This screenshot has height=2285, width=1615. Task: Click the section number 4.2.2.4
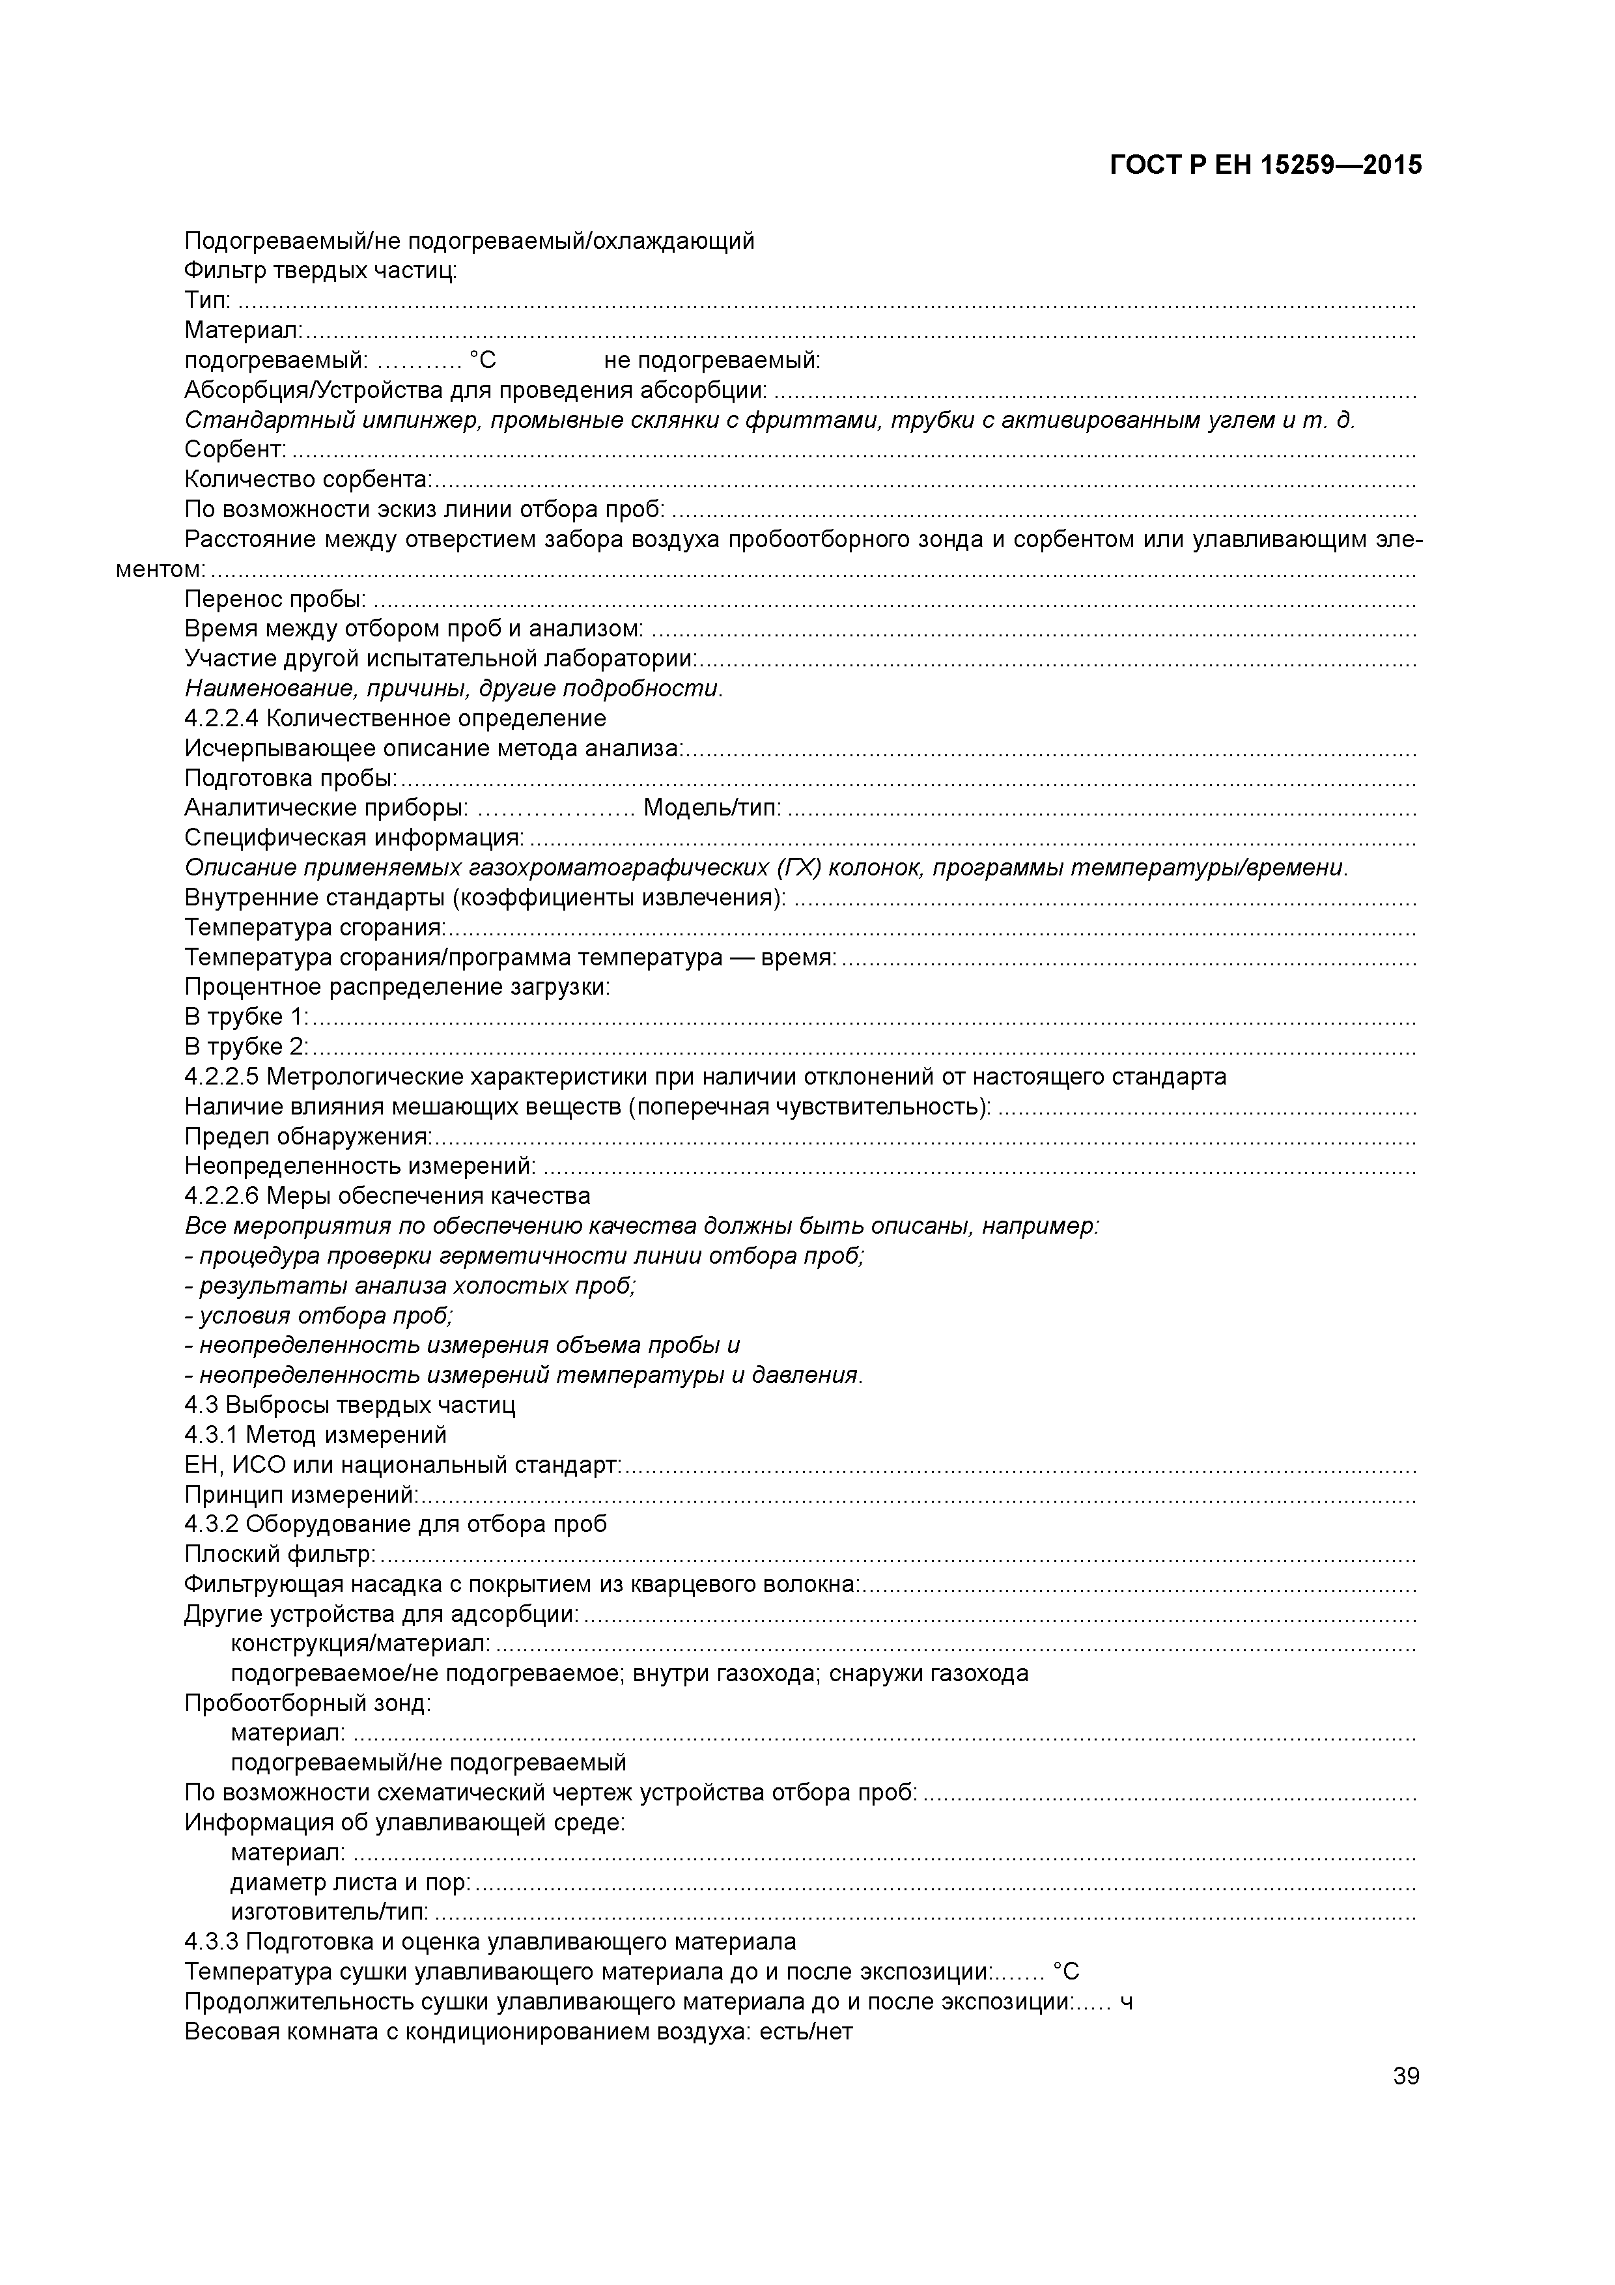(x=222, y=718)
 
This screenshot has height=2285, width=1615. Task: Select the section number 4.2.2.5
(x=222, y=1077)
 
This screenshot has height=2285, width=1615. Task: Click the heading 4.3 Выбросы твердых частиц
(x=350, y=1405)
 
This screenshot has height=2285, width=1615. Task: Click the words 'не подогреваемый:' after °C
(x=712, y=360)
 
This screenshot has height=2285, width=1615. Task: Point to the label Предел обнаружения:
(x=309, y=1137)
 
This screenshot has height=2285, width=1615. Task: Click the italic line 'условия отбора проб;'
(x=319, y=1316)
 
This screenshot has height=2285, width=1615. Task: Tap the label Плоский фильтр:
(x=279, y=1555)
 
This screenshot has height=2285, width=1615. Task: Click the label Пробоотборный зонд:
(x=307, y=1704)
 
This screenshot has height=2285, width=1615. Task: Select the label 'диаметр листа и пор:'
(x=351, y=1883)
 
